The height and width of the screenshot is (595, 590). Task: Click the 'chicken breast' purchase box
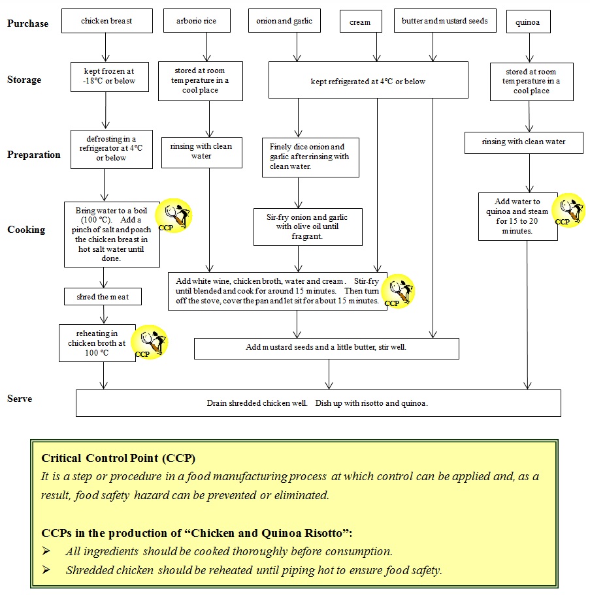(x=107, y=21)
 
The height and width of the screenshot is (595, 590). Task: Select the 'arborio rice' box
(x=196, y=21)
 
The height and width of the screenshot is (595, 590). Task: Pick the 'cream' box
(x=359, y=22)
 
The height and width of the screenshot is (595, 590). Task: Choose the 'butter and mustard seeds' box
(x=444, y=21)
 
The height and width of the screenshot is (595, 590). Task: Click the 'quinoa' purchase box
(x=527, y=22)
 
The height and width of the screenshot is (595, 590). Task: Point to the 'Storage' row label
(x=24, y=80)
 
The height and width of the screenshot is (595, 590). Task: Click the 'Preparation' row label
(x=33, y=155)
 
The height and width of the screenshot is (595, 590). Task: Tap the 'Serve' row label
(x=20, y=399)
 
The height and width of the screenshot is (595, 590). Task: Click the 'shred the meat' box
(x=103, y=297)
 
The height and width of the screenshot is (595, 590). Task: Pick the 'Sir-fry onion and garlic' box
(x=307, y=226)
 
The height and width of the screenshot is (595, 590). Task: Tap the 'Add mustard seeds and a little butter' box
(x=326, y=348)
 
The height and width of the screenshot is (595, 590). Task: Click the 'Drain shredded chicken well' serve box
(x=318, y=403)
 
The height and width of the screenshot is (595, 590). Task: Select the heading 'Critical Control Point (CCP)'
(x=118, y=458)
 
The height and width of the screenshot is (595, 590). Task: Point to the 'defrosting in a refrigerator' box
(x=107, y=149)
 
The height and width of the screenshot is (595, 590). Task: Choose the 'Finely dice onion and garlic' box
(x=310, y=157)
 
